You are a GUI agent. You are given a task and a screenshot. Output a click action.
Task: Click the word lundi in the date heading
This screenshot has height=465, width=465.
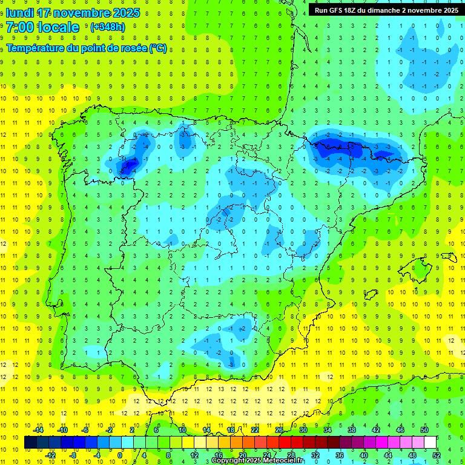(21, 13)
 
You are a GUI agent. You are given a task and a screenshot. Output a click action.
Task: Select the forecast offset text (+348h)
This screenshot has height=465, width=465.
(107, 27)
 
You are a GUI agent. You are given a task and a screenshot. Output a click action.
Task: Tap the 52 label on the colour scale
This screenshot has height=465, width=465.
(437, 455)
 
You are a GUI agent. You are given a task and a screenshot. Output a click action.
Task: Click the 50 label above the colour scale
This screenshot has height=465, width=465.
(424, 430)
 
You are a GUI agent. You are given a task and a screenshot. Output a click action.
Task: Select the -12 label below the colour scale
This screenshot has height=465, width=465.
(50, 455)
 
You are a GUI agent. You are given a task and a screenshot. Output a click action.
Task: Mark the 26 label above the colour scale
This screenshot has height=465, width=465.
(279, 430)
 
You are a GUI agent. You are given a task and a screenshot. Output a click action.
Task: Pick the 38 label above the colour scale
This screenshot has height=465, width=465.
(352, 430)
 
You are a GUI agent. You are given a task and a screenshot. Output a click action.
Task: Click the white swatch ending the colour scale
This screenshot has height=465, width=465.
(430, 442)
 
